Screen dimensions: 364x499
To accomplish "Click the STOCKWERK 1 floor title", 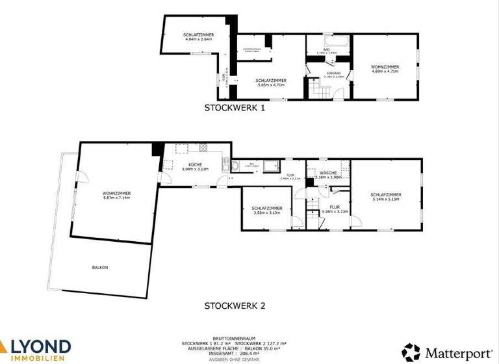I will tap(235, 109).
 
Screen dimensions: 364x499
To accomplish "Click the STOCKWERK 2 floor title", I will tap(235, 305).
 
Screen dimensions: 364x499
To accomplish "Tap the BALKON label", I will tap(100, 268).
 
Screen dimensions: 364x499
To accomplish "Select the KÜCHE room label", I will tap(195, 164).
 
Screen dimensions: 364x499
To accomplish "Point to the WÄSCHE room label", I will tap(328, 172).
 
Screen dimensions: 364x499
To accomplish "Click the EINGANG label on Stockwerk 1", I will tap(333, 73).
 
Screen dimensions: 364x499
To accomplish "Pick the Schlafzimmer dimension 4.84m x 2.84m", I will tap(198, 40).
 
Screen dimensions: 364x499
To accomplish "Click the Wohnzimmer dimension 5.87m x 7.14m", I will tap(117, 198).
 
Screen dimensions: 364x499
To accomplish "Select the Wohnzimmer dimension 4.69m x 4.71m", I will tap(385, 71).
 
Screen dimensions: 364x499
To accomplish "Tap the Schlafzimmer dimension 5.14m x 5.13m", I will tap(386, 199).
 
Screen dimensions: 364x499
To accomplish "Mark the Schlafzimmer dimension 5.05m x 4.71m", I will tap(271, 84).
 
